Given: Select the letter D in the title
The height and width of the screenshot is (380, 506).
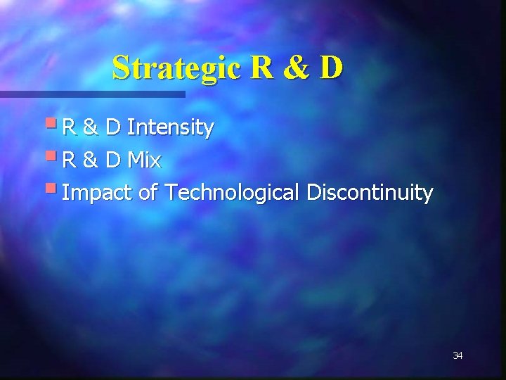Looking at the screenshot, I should pos(330,68).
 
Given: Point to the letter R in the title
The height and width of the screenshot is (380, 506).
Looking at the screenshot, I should pos(258,68).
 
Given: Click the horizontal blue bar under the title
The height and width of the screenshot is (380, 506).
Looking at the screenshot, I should pos(91,94).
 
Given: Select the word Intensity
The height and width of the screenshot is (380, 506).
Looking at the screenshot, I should pos(171,128).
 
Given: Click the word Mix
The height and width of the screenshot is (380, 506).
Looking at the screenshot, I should pos(145,161).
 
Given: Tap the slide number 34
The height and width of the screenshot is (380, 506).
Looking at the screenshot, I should pos(458,356).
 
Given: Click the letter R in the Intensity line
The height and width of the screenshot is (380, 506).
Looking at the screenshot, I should pos(70,128).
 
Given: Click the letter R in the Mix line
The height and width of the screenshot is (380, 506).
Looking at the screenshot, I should pos(70,161).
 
